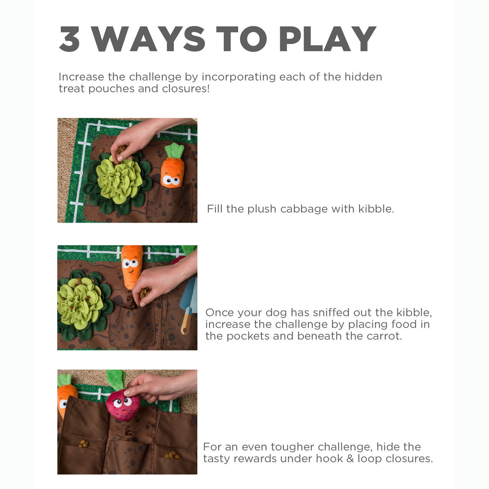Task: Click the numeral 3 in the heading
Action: [70, 39]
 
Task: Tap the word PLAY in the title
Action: [327, 39]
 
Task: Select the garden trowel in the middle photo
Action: [189, 306]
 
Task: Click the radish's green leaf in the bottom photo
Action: [116, 379]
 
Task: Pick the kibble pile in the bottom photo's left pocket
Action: [83, 444]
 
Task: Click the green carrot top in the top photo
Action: [175, 151]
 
